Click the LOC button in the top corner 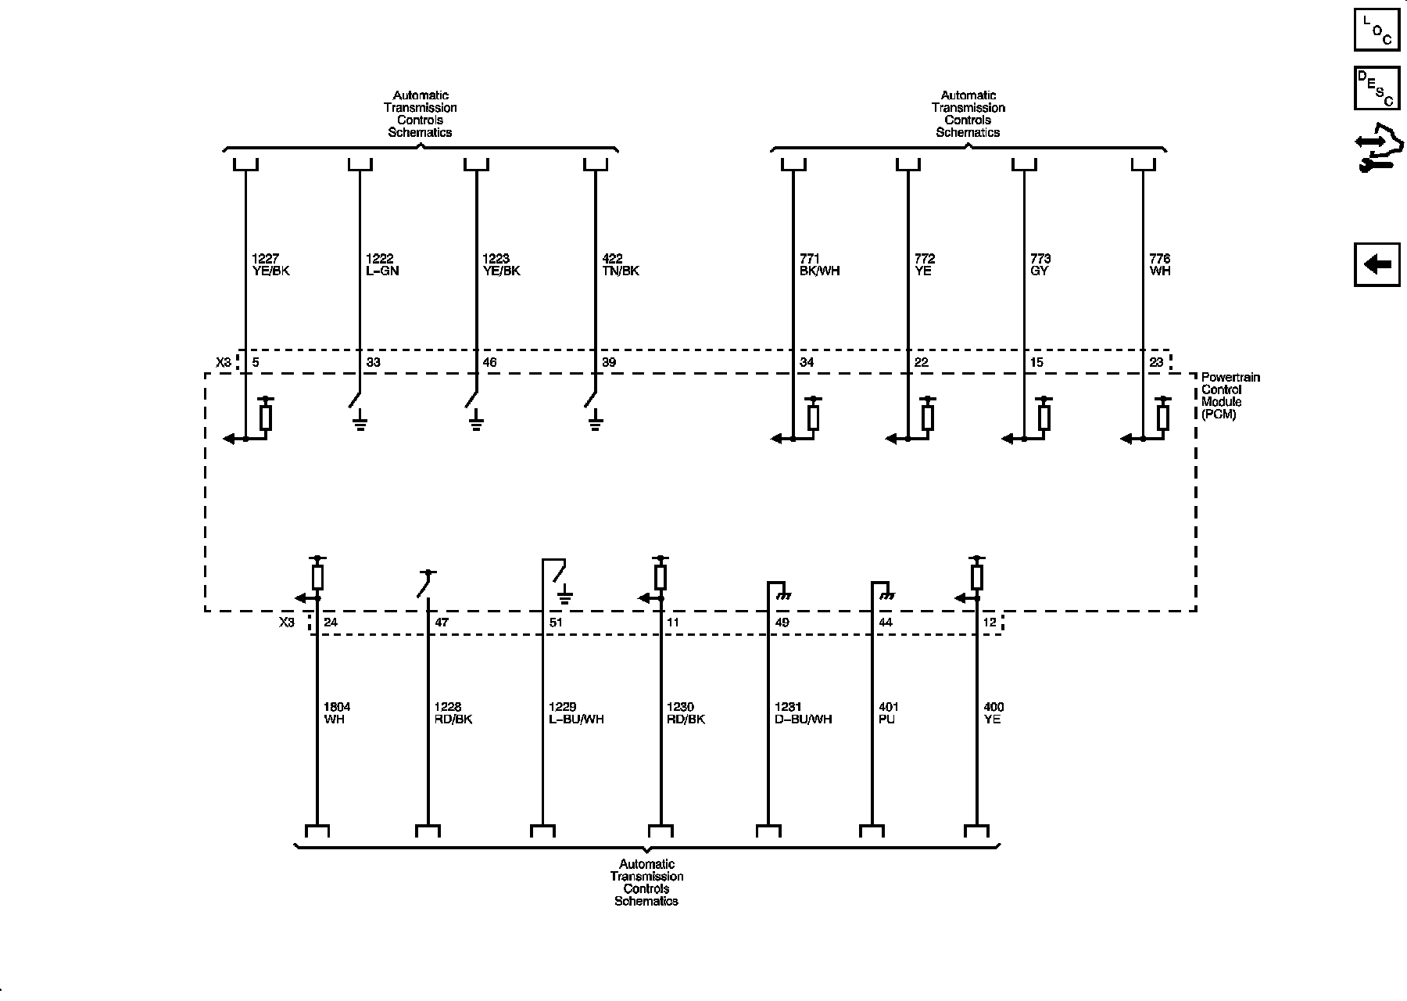tap(1377, 30)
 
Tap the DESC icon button tap(1377, 88)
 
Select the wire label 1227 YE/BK tap(271, 265)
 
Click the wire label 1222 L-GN tap(382, 265)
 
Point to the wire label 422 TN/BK tap(621, 265)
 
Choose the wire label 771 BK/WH tap(819, 265)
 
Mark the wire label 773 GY tap(1040, 265)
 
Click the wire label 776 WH tap(1160, 265)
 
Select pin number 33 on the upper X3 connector tap(374, 362)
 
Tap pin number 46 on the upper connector tap(490, 362)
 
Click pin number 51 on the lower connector tap(556, 622)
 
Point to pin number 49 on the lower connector tap(782, 622)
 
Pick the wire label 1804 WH tap(337, 713)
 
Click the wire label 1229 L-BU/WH tap(576, 713)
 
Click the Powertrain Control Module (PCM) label tap(1230, 396)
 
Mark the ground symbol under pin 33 tap(360, 425)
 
